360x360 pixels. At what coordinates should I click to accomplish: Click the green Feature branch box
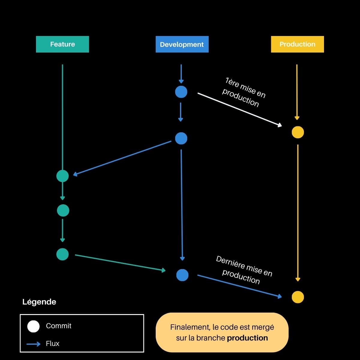(x=62, y=44)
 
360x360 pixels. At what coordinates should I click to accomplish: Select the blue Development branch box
(x=182, y=44)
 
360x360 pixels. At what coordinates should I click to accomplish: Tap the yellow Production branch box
(x=297, y=44)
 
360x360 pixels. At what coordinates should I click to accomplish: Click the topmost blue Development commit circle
(x=181, y=92)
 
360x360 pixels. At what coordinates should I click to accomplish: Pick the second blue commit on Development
(x=181, y=138)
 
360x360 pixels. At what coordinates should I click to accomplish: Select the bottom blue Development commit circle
(x=182, y=275)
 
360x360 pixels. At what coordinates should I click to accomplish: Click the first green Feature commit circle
(x=62, y=176)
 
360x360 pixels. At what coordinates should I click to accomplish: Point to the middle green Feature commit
(x=63, y=210)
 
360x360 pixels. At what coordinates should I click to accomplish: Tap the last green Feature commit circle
(x=62, y=254)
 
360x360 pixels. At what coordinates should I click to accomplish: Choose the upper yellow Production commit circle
(x=298, y=132)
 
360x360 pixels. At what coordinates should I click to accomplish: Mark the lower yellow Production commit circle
(x=298, y=297)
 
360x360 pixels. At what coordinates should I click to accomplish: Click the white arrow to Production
(x=239, y=110)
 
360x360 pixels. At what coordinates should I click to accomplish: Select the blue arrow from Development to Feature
(x=122, y=158)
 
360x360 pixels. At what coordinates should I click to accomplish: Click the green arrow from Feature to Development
(x=120, y=263)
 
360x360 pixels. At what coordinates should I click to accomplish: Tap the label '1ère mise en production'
(x=244, y=92)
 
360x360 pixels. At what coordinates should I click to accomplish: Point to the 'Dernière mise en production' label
(x=244, y=270)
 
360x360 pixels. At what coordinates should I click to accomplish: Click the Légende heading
(x=39, y=302)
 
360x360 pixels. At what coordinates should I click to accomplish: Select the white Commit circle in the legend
(x=33, y=326)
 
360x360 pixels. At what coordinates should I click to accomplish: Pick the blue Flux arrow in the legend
(x=34, y=344)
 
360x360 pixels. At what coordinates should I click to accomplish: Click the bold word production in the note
(x=247, y=338)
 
